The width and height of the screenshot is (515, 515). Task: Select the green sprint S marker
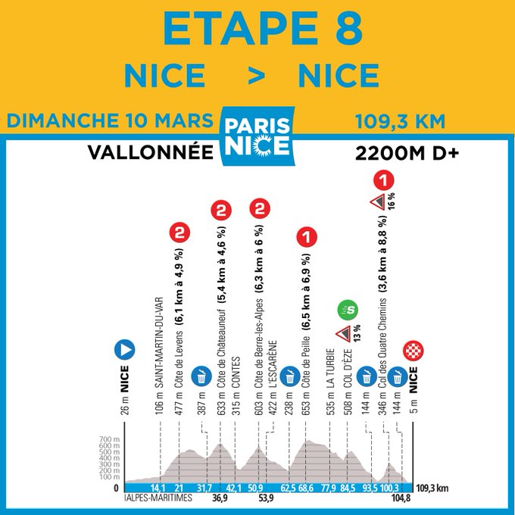pos(348,308)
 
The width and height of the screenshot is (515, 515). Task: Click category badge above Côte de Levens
pos(179,235)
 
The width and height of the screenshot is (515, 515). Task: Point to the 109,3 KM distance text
pos(399,121)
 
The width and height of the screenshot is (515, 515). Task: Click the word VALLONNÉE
pos(149,151)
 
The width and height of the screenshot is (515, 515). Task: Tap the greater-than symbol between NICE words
pos(252,76)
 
